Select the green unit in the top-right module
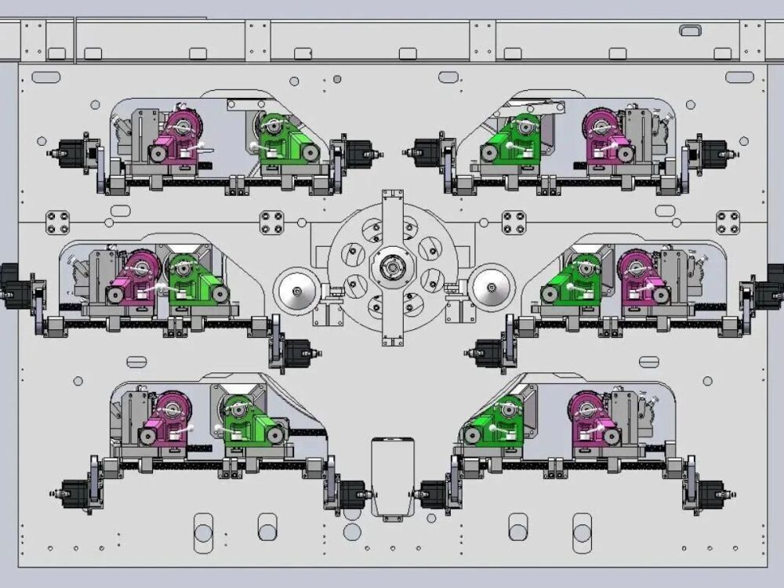click(x=510, y=140)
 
